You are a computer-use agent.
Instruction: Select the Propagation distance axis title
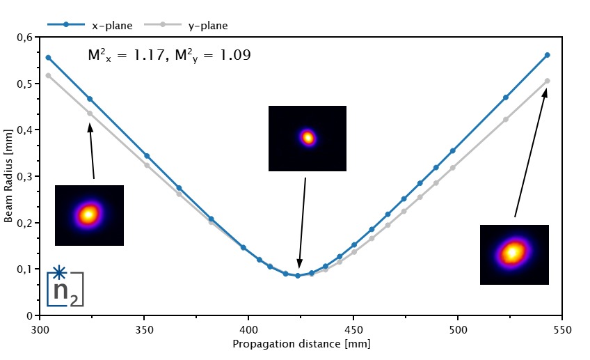pos(301,344)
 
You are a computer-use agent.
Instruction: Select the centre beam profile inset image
pos(307,138)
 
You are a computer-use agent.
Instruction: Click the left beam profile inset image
pos(89,215)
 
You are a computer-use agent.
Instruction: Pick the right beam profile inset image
pos(514,254)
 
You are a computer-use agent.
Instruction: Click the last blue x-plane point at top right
pos(548,55)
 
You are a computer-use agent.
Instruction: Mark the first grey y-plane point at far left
pos(48,75)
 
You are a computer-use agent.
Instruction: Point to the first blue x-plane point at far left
pos(48,57)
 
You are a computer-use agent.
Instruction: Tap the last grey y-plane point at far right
pos(548,81)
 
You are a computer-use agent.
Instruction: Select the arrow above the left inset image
pos(91,150)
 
